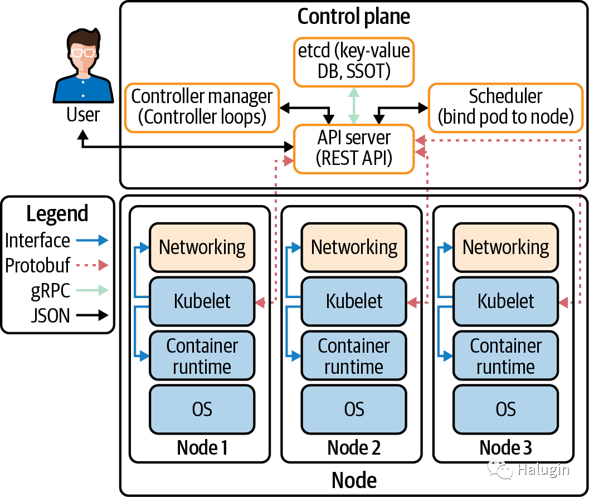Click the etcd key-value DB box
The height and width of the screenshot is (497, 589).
click(354, 62)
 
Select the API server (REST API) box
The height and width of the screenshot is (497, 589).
click(354, 148)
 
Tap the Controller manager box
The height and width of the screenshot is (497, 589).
click(202, 107)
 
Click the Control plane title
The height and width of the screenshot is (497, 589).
click(354, 17)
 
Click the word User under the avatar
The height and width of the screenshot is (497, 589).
click(83, 115)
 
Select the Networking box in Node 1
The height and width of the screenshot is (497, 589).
click(202, 247)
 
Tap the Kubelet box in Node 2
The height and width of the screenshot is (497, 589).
click(354, 301)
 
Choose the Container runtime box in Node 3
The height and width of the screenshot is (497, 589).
click(505, 356)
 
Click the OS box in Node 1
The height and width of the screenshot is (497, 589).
click(202, 410)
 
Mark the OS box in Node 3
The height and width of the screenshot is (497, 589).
click(505, 410)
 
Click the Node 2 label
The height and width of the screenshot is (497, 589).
click(354, 447)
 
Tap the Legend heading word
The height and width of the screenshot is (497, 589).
click(57, 214)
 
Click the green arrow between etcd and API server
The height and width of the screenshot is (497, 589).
click(354, 105)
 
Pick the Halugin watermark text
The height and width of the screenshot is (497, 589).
click(542, 470)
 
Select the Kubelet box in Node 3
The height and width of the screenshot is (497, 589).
click(505, 301)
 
